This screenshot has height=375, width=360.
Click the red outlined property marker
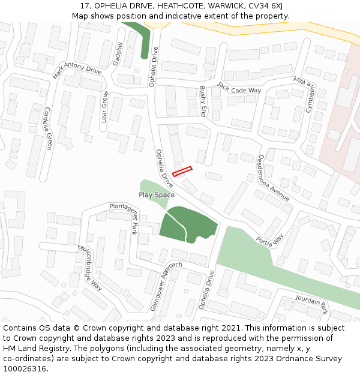182,172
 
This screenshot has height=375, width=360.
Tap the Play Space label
157,194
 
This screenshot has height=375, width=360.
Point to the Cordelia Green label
48,128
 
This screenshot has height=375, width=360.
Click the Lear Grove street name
104,107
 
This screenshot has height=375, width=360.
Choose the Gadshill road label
118,54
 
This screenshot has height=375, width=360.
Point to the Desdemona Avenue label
273,177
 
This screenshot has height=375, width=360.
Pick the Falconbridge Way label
90,267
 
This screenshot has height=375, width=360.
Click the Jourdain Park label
311,304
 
